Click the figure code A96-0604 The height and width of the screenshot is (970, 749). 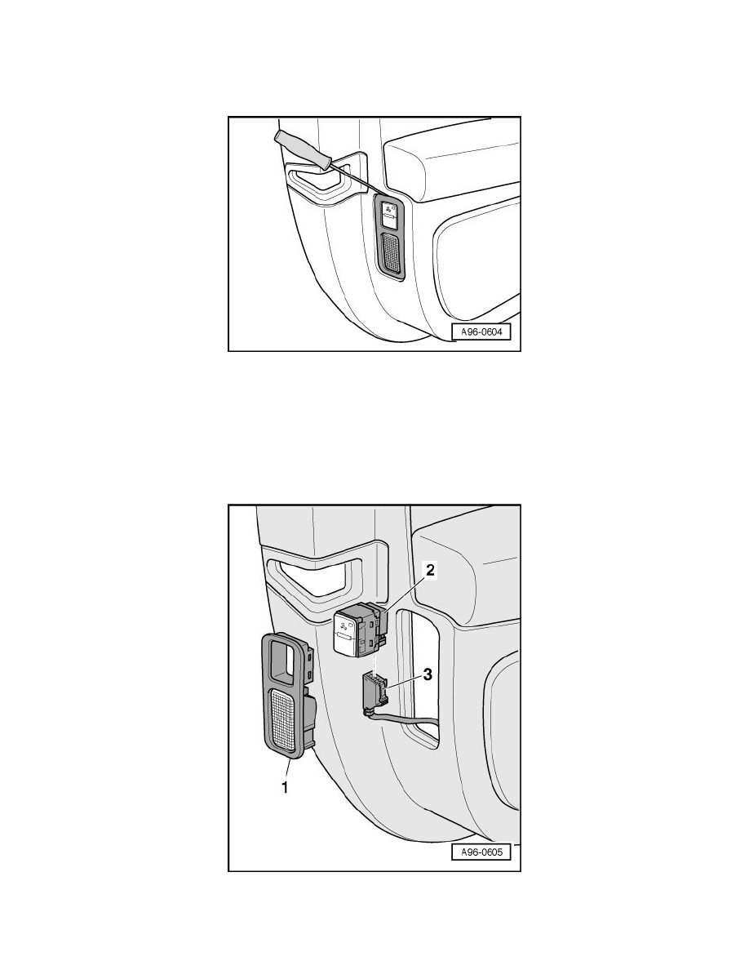point(482,332)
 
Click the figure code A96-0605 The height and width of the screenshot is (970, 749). point(482,852)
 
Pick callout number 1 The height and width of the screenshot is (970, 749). point(285,787)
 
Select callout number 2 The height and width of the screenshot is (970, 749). point(431,570)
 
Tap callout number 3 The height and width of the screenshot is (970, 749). point(428,674)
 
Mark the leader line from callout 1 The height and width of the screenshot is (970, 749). point(290,768)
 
